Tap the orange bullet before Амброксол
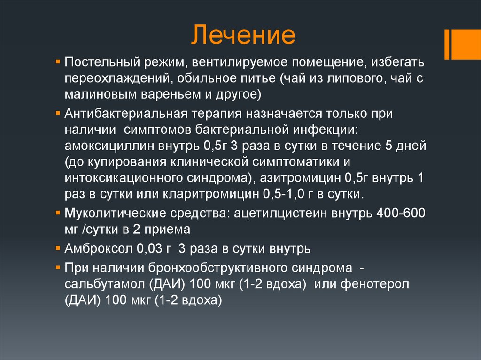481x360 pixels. tap(58, 247)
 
